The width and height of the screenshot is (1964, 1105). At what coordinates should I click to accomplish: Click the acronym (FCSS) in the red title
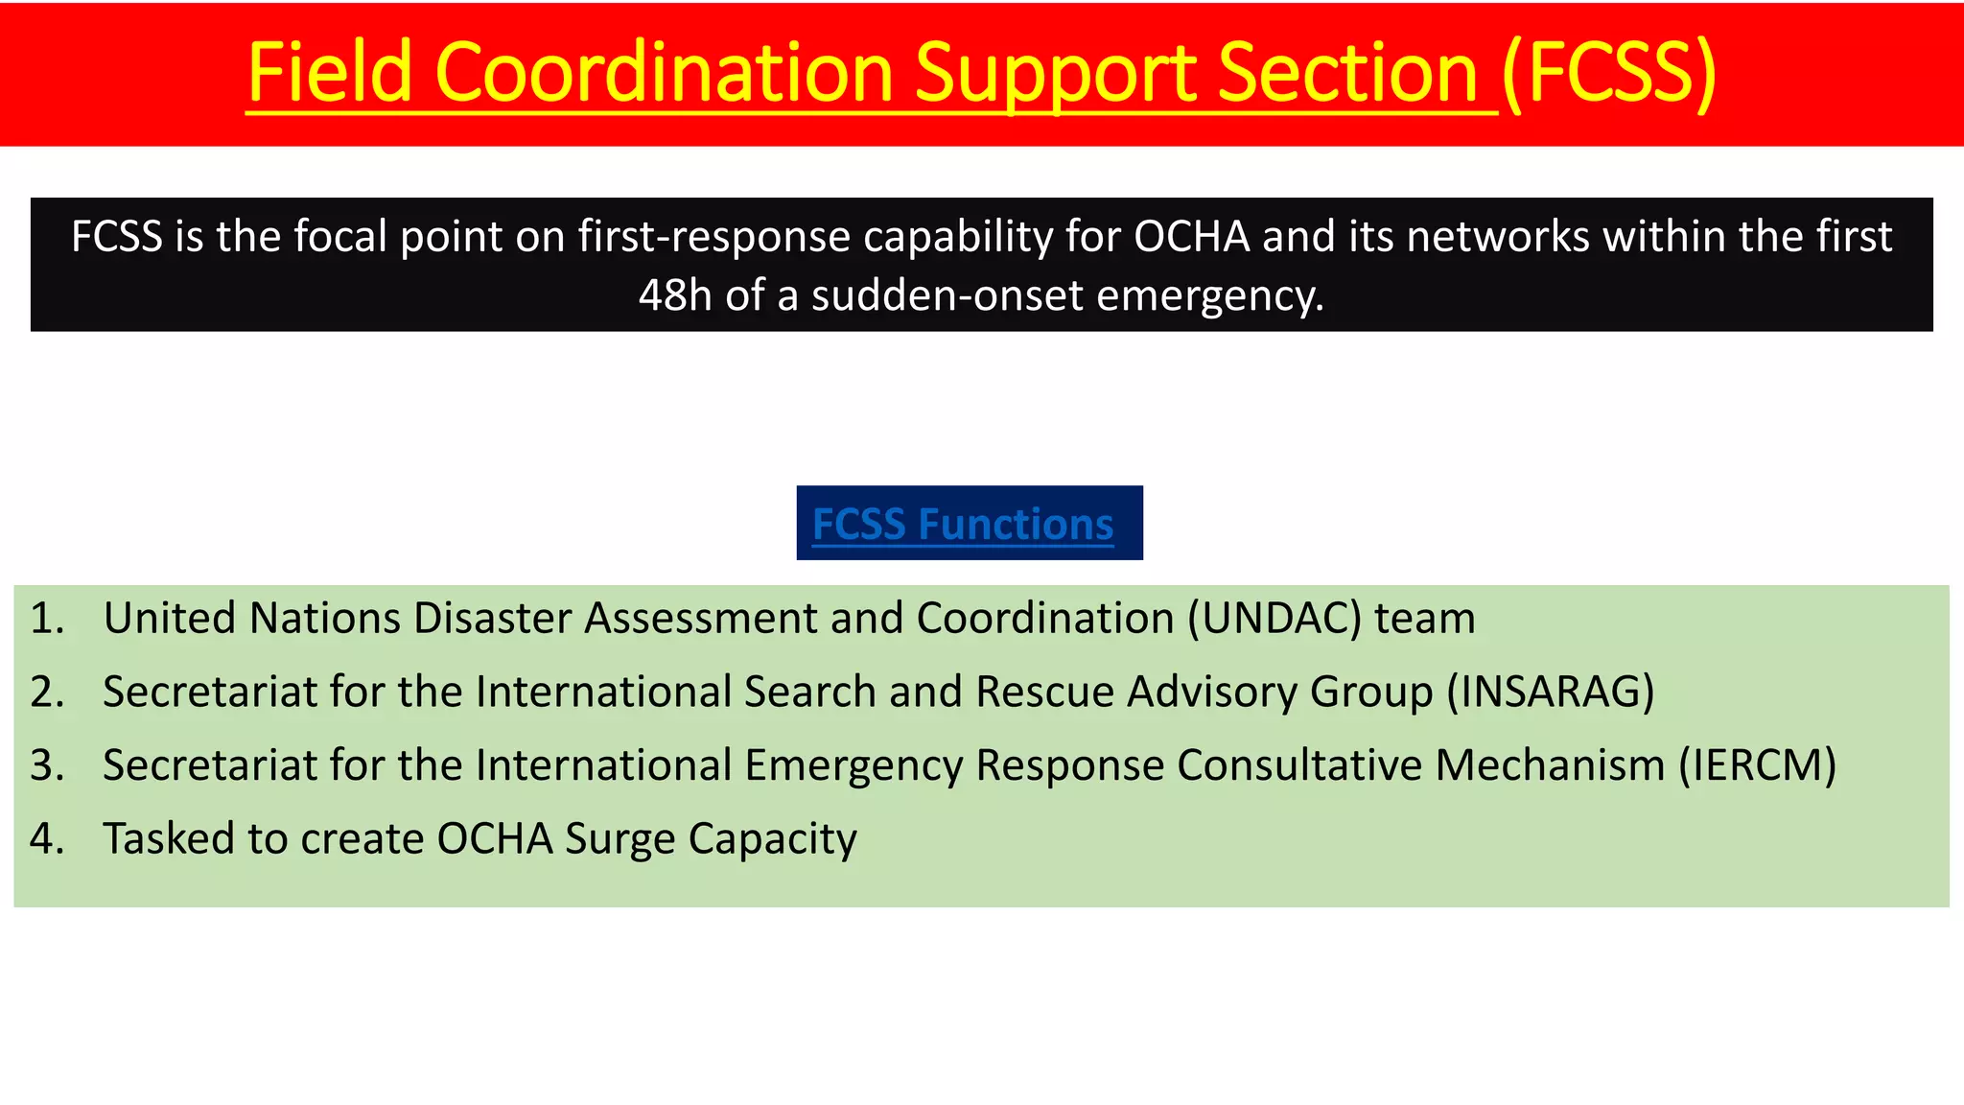1609,73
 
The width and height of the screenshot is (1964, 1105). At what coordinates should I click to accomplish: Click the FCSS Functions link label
963,524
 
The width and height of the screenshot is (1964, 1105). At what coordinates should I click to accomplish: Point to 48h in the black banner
675,295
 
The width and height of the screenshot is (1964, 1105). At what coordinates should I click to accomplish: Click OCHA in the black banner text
1191,236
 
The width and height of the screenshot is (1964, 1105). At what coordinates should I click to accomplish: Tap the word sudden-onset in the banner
947,295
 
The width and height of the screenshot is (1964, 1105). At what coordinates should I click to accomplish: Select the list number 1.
46,619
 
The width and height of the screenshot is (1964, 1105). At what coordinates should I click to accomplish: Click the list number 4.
46,839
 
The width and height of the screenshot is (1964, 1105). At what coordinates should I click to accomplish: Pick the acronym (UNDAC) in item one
1274,619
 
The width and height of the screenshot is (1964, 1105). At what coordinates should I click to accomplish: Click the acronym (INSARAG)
1551,693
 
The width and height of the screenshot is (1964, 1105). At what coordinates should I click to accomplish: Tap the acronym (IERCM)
1757,765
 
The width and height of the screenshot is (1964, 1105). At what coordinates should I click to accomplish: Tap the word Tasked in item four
169,839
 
